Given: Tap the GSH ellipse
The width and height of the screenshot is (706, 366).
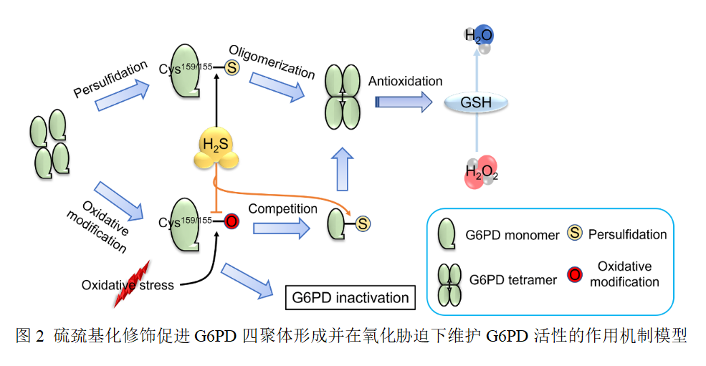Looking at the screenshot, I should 477,102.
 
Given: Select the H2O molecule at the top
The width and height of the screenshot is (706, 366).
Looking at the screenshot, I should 479,37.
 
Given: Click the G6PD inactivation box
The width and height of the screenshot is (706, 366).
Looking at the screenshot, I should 350,297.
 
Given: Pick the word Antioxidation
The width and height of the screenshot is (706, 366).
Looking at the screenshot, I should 405,81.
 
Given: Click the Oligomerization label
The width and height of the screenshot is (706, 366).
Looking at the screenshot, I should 272,62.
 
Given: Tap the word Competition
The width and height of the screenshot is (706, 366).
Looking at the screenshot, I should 282,209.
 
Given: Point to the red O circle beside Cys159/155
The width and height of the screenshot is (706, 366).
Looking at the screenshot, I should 231,221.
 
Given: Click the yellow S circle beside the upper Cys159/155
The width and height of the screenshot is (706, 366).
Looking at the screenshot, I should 231,68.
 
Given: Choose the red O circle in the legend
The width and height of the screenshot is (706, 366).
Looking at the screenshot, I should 573,274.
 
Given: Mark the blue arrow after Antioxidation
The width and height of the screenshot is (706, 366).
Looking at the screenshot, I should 404,102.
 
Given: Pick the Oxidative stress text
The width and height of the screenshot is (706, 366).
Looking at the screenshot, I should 128,285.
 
